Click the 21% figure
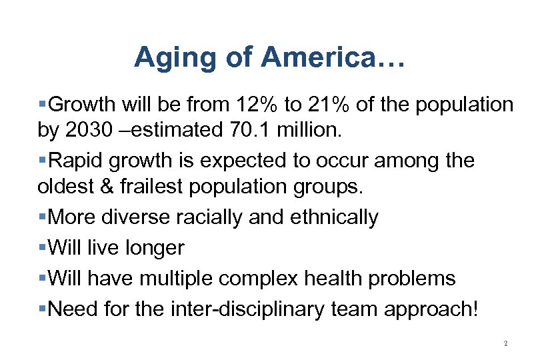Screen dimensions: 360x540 pyautogui.click(x=321, y=105)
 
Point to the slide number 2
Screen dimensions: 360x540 pyautogui.click(x=505, y=344)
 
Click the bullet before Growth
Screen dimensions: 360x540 pyautogui.click(x=43, y=105)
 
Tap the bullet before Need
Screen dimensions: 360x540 pyautogui.click(x=43, y=310)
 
